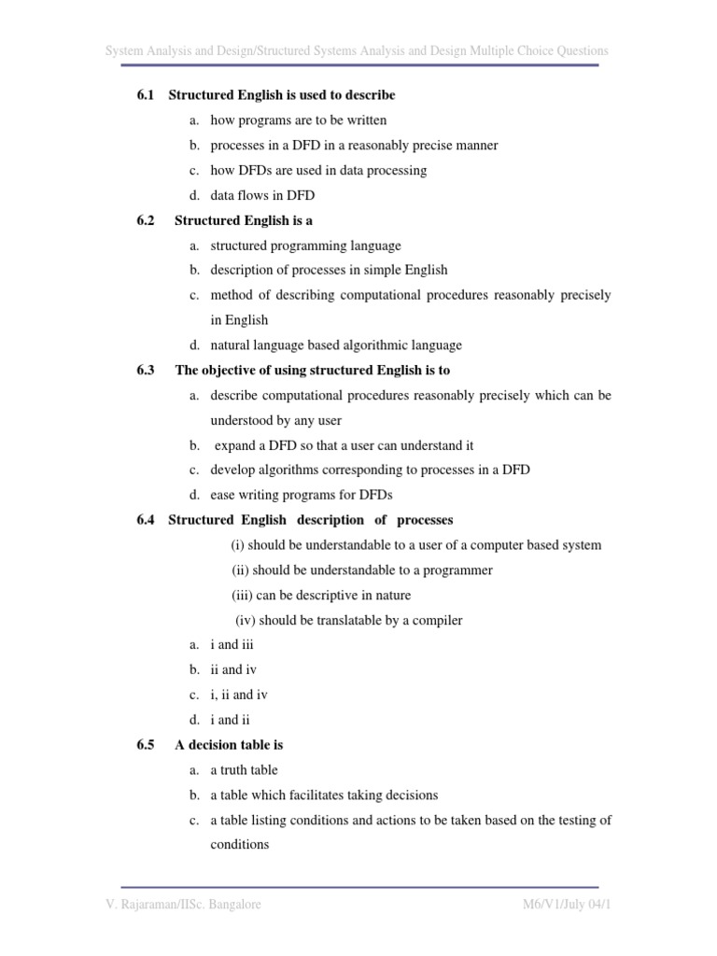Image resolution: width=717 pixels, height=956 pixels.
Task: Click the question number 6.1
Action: (x=144, y=95)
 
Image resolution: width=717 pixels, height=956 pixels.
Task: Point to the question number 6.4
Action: (x=144, y=520)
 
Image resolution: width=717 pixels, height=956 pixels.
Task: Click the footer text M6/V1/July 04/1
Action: (x=560, y=905)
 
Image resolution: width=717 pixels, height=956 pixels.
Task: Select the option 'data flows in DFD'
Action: (x=262, y=195)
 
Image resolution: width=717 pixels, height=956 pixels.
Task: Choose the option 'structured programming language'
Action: (x=305, y=246)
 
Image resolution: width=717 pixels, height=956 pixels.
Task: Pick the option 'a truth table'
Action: (x=244, y=770)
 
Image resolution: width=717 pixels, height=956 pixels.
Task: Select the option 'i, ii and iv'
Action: (x=239, y=695)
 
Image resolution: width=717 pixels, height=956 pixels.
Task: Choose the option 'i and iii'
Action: (x=232, y=645)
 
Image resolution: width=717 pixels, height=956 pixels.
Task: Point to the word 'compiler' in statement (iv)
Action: (x=439, y=620)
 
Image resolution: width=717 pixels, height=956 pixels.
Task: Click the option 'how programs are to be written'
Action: (x=298, y=120)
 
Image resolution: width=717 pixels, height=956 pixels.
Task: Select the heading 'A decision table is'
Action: (x=229, y=745)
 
